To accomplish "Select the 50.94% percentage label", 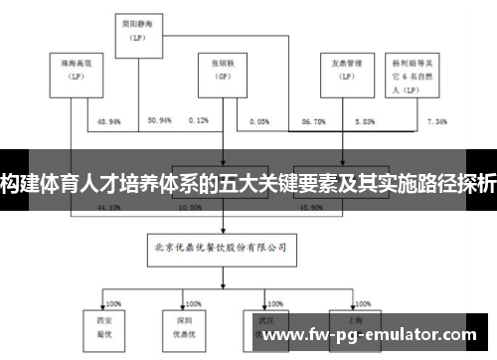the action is (159, 120).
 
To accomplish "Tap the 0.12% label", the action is (199, 120).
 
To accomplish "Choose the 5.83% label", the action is (365, 120).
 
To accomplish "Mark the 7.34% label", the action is (436, 120).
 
